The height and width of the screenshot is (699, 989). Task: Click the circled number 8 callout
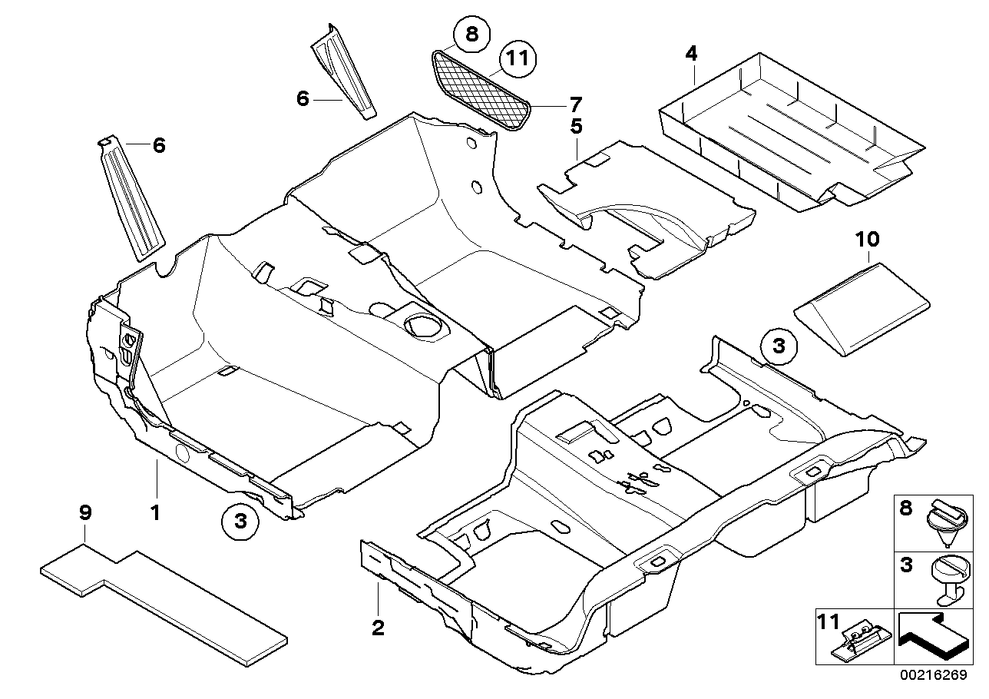tap(471, 34)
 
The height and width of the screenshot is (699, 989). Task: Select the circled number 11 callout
tap(518, 59)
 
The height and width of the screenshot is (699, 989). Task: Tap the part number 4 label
tap(692, 53)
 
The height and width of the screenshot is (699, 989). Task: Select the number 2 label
tap(378, 628)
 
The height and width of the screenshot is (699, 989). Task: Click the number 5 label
tap(576, 125)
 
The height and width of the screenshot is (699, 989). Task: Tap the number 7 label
tap(575, 104)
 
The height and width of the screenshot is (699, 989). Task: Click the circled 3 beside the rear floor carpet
tap(779, 347)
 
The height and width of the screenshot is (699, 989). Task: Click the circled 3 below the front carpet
tap(240, 522)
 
